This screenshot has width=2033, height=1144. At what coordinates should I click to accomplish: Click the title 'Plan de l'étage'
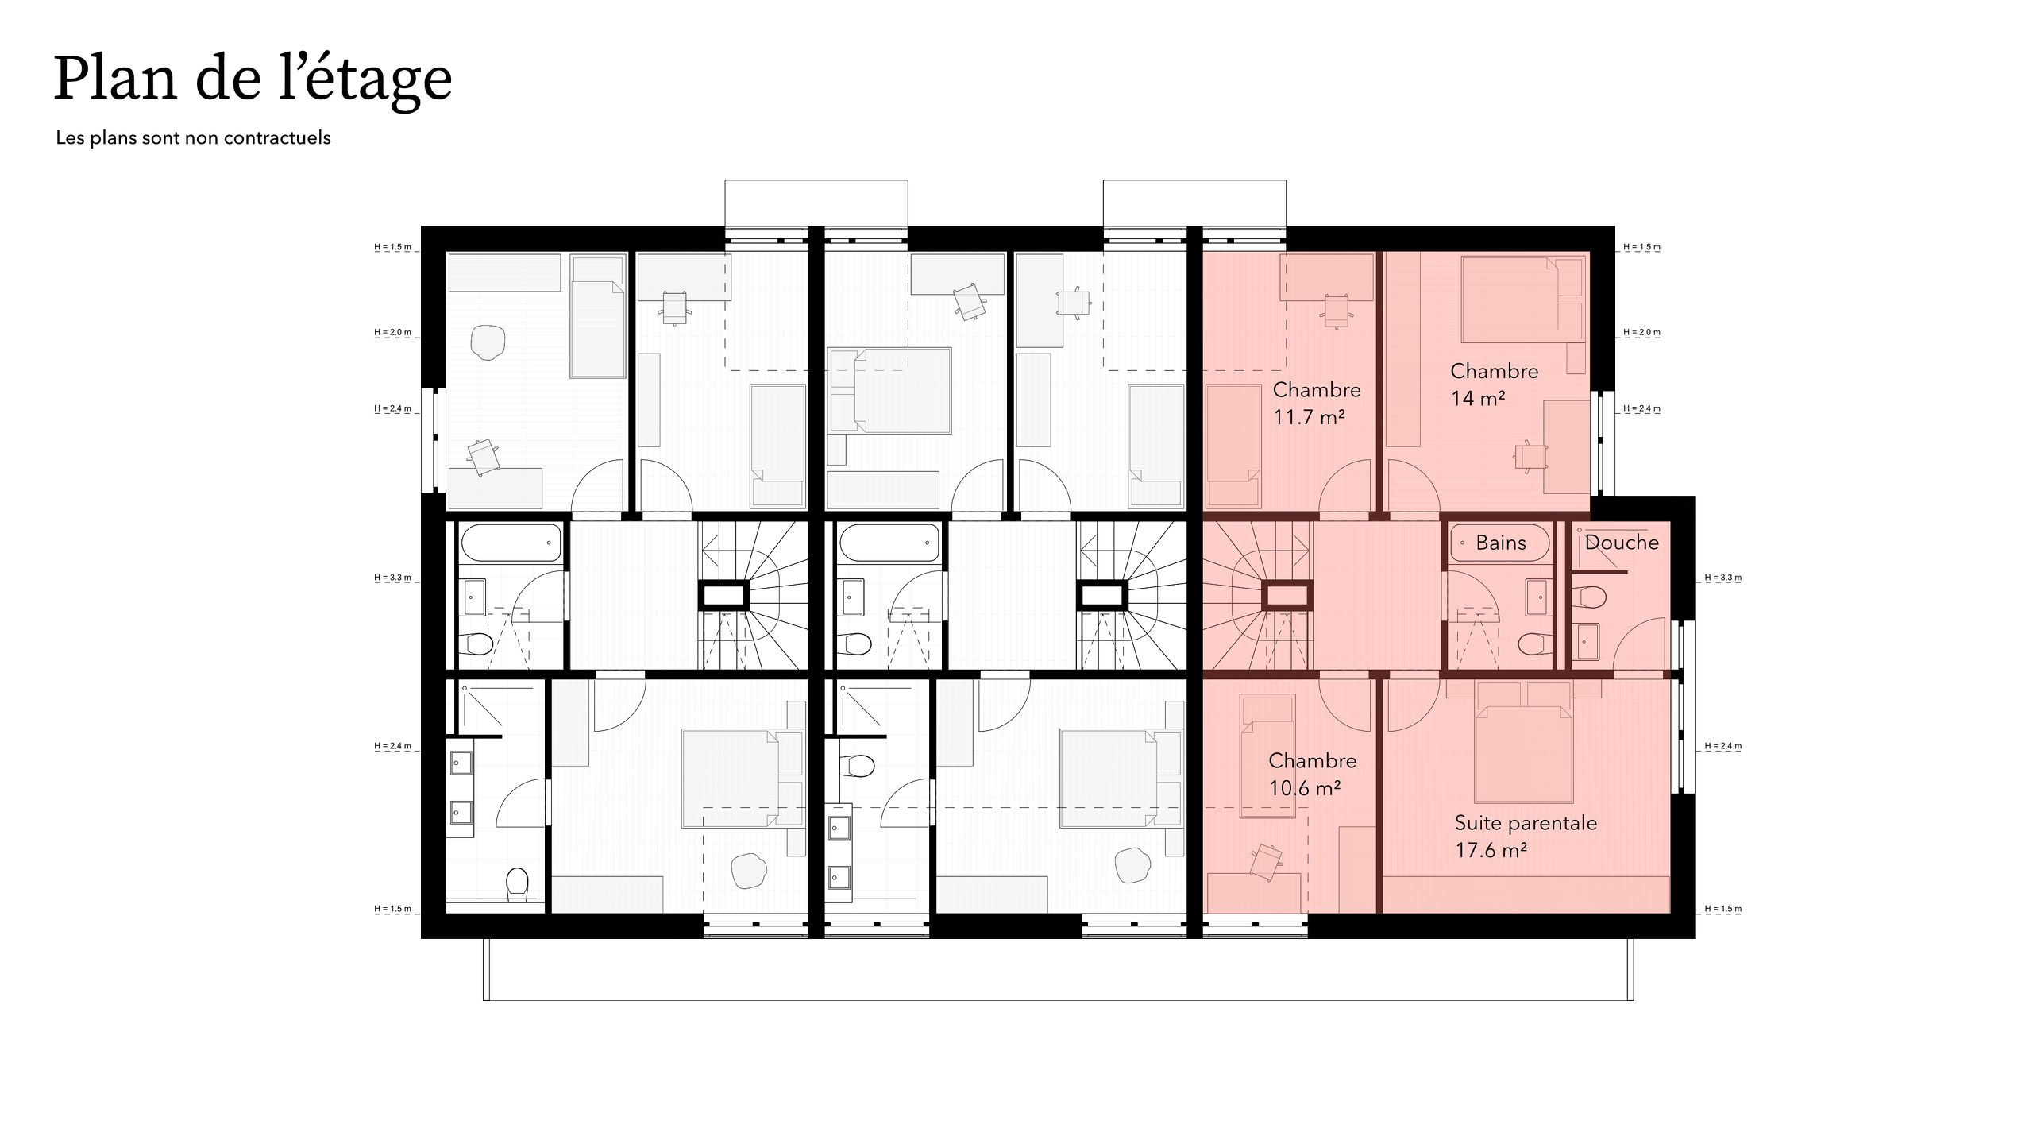[253, 79]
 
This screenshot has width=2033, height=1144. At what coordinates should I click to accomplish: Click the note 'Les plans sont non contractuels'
[193, 137]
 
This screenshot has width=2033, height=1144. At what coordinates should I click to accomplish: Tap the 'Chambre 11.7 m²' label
[1316, 403]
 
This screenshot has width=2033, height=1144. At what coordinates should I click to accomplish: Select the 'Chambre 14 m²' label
[1493, 385]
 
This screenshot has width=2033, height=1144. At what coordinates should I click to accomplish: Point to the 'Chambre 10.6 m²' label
[1311, 774]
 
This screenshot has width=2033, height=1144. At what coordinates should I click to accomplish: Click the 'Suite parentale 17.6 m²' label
[1525, 836]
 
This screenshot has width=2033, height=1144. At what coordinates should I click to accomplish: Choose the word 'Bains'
[1500, 543]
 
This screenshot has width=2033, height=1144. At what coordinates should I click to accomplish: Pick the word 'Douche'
[1621, 543]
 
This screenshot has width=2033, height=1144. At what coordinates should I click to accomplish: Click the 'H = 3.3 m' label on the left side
[393, 578]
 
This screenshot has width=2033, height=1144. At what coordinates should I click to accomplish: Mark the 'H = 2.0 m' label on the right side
[1641, 332]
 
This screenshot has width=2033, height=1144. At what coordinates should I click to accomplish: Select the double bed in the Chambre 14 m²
[1512, 300]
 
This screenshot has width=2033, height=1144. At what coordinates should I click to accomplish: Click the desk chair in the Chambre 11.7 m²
[1336, 311]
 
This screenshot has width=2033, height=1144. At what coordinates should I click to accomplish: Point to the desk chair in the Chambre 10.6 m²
[1265, 861]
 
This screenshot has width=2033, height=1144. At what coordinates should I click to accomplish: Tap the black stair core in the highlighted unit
[1287, 595]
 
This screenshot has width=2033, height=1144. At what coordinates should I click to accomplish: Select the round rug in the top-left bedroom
[487, 342]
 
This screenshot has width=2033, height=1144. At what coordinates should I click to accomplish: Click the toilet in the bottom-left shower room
[517, 883]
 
